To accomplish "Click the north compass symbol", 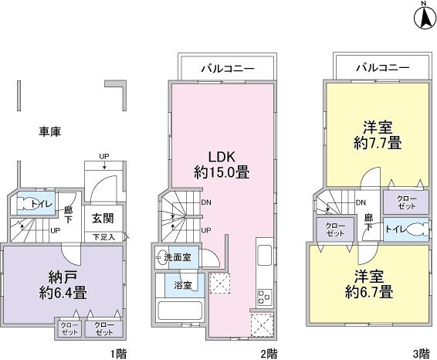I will point(424,16).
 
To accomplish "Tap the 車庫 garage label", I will point(49,131).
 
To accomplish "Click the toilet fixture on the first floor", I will point(29,205).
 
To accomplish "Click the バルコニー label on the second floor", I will point(225,68).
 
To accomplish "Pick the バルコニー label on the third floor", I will point(381,68).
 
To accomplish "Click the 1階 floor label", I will point(117,353).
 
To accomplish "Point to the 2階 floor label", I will point(269,353).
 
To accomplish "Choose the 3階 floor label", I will point(420,353).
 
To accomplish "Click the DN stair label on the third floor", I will point(360,203).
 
